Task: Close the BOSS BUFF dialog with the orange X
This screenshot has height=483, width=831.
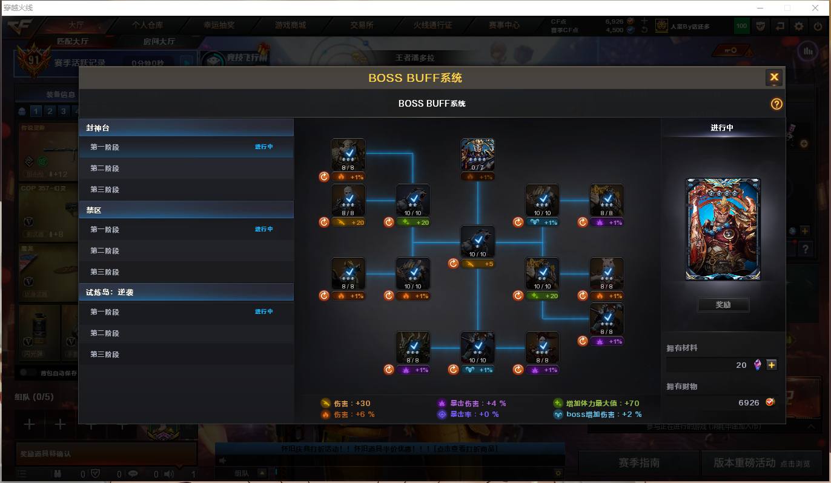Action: (x=773, y=78)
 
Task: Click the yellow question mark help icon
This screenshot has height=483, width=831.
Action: (x=776, y=104)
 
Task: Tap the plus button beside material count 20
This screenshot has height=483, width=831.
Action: (x=771, y=365)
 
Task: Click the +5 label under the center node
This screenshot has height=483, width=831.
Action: (x=478, y=264)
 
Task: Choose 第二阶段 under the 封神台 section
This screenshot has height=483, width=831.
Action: (x=105, y=168)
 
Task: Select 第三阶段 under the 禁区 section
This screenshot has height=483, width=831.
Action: (x=105, y=272)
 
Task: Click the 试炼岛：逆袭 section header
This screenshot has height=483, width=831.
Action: (x=110, y=292)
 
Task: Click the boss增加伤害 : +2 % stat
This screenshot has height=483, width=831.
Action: (x=598, y=415)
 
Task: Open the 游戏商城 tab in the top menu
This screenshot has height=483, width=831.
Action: (x=290, y=25)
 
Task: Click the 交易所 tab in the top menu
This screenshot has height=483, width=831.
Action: (x=362, y=25)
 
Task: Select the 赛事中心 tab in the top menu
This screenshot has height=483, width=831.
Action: (x=504, y=25)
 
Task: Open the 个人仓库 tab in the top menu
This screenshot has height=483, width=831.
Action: (x=148, y=25)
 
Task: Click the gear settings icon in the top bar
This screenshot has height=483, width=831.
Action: (x=799, y=26)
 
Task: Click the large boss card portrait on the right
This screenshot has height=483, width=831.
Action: (x=723, y=229)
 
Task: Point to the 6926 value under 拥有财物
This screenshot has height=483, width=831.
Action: (x=749, y=402)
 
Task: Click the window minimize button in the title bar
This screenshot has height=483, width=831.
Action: (x=761, y=8)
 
